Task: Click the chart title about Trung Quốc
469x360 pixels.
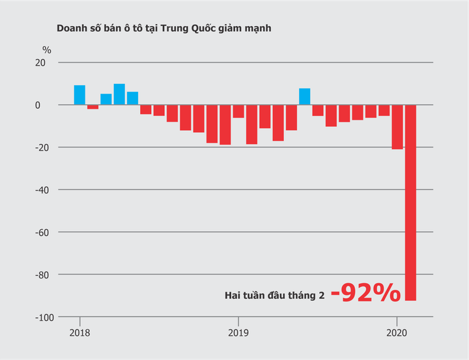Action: coord(163,29)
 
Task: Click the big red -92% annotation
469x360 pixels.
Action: coord(365,294)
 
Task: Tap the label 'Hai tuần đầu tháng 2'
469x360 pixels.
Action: coord(274,296)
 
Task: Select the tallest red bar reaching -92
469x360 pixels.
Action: coord(410,202)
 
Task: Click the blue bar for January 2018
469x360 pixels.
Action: coord(79,95)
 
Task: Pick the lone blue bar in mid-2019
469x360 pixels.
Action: coord(305,96)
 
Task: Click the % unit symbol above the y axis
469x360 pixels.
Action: coord(47,49)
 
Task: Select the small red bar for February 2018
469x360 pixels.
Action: coord(92,107)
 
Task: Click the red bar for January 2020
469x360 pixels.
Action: coord(397,127)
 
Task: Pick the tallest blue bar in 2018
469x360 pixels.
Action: coord(119,94)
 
